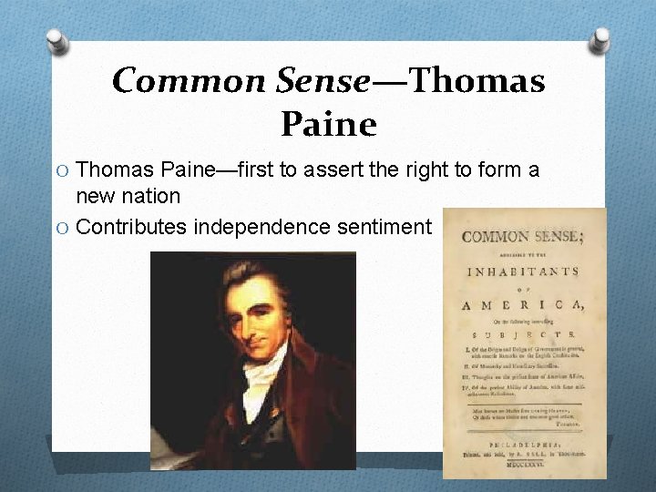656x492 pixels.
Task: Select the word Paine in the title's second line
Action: [328, 124]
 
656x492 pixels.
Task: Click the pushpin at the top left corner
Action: [56, 40]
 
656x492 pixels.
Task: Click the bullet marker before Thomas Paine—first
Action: [64, 170]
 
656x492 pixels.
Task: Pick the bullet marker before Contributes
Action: [64, 227]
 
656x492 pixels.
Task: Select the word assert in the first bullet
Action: [343, 169]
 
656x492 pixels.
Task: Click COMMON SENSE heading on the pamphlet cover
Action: [520, 237]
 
